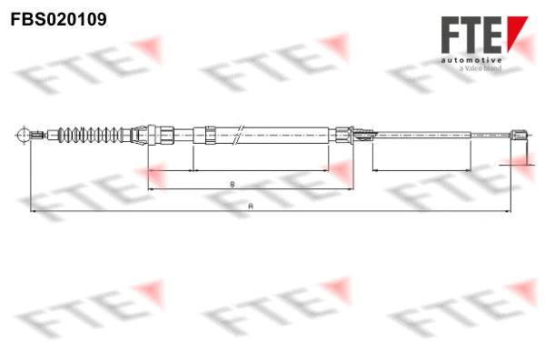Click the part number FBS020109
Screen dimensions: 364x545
coord(53,17)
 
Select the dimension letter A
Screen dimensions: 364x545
coord(249,207)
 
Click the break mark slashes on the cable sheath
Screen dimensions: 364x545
coord(238,133)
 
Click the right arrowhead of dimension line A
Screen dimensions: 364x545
coord(508,212)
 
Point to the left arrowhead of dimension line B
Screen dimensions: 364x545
coord(150,189)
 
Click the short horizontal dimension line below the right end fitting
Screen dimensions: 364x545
coord(515,164)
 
